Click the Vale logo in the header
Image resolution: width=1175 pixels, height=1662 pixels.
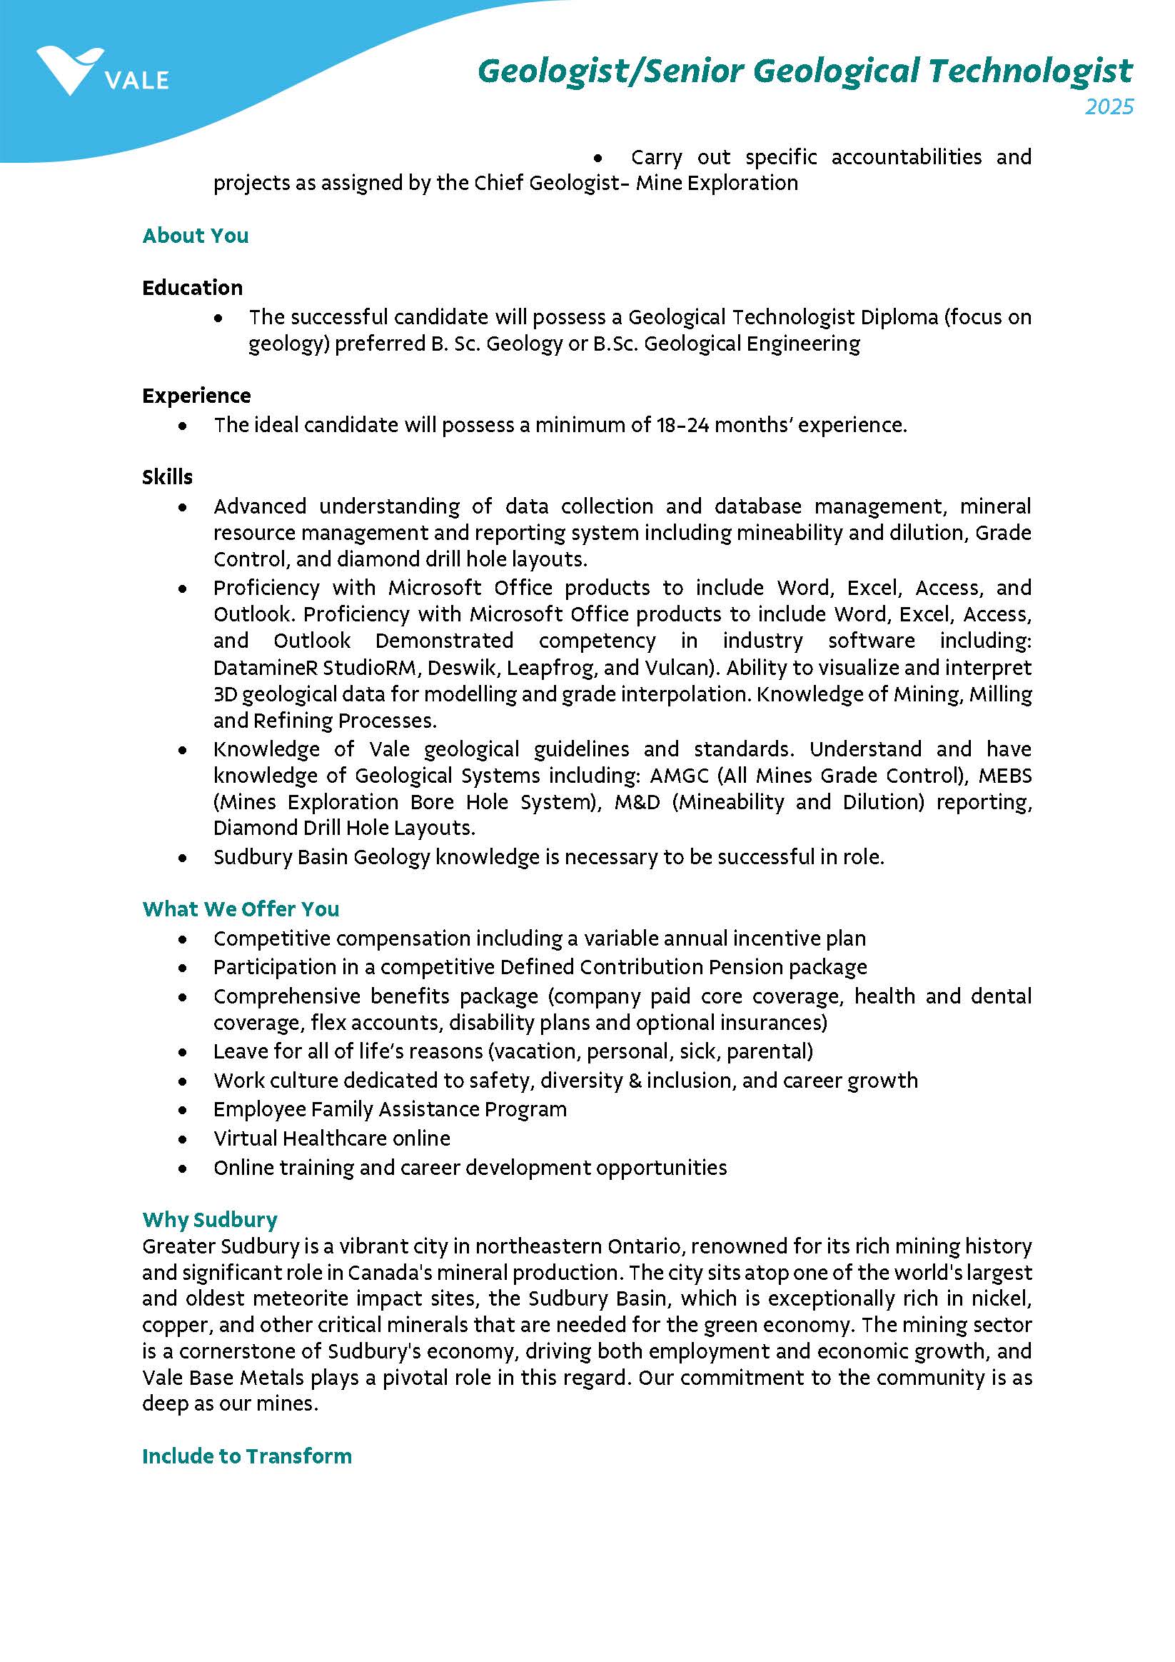(x=101, y=71)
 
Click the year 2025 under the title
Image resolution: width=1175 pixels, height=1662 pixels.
(x=1109, y=107)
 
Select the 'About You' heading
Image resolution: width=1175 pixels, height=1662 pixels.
(x=196, y=236)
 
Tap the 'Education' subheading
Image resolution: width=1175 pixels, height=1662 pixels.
(x=193, y=288)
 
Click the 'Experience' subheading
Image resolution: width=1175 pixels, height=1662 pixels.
(x=197, y=396)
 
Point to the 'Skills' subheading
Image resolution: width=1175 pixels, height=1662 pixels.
(x=167, y=477)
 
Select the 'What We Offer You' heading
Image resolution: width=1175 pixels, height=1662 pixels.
(x=240, y=909)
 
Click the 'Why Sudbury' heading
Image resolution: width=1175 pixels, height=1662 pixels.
(x=210, y=1220)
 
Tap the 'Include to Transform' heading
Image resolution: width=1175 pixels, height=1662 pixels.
(x=247, y=1456)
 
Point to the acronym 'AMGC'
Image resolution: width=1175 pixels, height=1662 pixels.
(x=679, y=776)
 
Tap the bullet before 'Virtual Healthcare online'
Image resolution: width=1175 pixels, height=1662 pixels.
(x=183, y=1139)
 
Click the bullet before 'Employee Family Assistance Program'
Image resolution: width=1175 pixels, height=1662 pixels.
(x=183, y=1111)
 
